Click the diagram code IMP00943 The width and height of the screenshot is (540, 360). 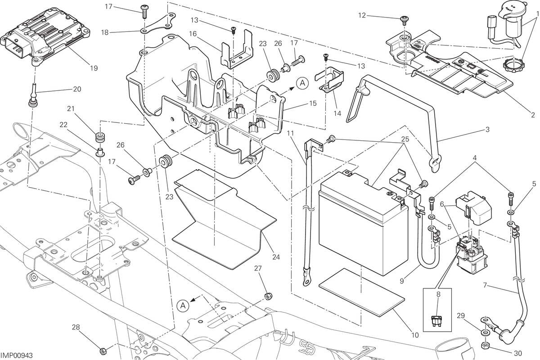point(17,355)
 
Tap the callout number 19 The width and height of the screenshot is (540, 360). point(94,68)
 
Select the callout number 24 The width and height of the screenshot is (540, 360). point(276,257)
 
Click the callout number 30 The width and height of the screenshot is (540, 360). point(518,354)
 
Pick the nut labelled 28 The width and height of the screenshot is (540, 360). point(103,351)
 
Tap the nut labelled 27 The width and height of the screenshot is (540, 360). point(268,296)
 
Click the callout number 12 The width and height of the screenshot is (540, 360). point(362,15)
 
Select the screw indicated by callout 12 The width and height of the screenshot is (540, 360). point(404,20)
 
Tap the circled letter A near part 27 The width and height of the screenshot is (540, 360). point(183,306)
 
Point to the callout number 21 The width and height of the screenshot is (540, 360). point(71,109)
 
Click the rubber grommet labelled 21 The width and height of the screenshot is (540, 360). point(100,138)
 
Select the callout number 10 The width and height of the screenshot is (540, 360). point(415,335)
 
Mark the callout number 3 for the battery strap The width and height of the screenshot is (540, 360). point(487,130)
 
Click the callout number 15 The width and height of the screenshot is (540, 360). point(313,103)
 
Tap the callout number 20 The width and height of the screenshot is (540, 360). point(77,89)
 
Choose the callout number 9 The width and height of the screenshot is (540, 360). point(401,281)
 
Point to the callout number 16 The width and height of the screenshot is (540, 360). point(193,34)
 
